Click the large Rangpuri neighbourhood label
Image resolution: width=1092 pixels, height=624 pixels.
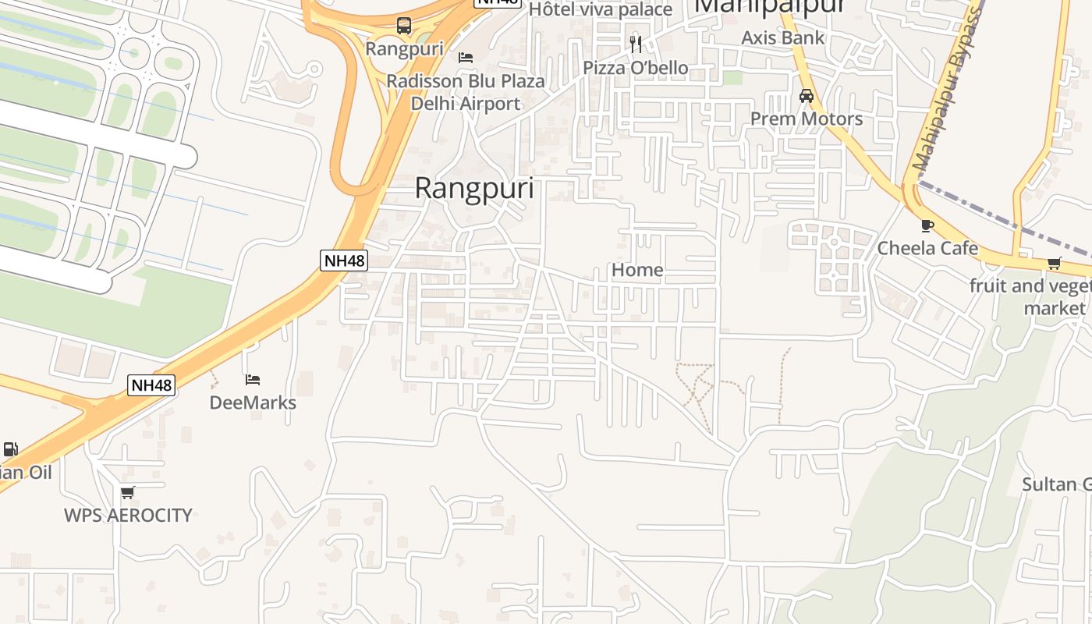(474, 189)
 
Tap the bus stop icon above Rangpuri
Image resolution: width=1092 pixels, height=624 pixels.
(403, 25)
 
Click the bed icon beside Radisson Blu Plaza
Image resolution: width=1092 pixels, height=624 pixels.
(466, 58)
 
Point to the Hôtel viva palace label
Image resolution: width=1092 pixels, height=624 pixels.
(600, 9)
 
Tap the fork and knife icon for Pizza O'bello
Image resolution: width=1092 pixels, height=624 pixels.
(636, 44)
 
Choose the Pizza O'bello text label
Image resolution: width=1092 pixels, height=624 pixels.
(636, 68)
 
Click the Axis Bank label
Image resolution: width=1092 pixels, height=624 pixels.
(782, 37)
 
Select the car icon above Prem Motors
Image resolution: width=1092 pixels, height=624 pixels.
(807, 96)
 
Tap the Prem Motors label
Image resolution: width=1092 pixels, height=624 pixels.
(807, 119)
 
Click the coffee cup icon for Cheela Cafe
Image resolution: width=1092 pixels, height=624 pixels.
(927, 225)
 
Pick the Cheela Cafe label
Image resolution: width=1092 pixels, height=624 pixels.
(927, 248)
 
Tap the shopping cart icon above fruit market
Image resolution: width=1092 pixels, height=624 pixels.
(1055, 264)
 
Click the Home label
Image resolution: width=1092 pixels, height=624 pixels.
(637, 270)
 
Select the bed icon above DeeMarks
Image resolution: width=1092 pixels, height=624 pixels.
(253, 380)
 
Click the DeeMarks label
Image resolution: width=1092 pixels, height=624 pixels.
(253, 402)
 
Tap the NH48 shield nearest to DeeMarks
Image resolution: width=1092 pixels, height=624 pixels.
(151, 385)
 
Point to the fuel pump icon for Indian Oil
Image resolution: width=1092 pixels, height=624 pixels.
(10, 449)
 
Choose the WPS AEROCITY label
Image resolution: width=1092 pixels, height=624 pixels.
(128, 515)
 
